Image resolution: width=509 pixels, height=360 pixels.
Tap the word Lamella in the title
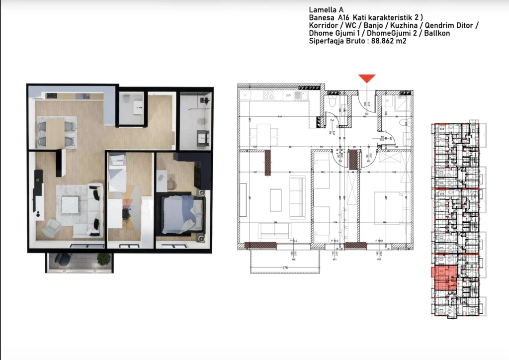[322, 9]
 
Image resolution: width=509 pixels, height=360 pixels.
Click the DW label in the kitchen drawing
[288, 94]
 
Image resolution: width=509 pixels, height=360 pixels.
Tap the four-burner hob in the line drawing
[269, 94]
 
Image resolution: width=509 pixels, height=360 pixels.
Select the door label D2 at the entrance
[366, 114]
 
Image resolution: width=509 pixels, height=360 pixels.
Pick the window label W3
[379, 259]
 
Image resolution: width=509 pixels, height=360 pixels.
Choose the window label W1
[335, 259]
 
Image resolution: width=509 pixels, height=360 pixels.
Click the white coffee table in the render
[71, 204]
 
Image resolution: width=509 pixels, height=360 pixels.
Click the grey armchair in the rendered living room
[51, 228]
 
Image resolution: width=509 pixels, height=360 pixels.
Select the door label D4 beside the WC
[332, 120]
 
